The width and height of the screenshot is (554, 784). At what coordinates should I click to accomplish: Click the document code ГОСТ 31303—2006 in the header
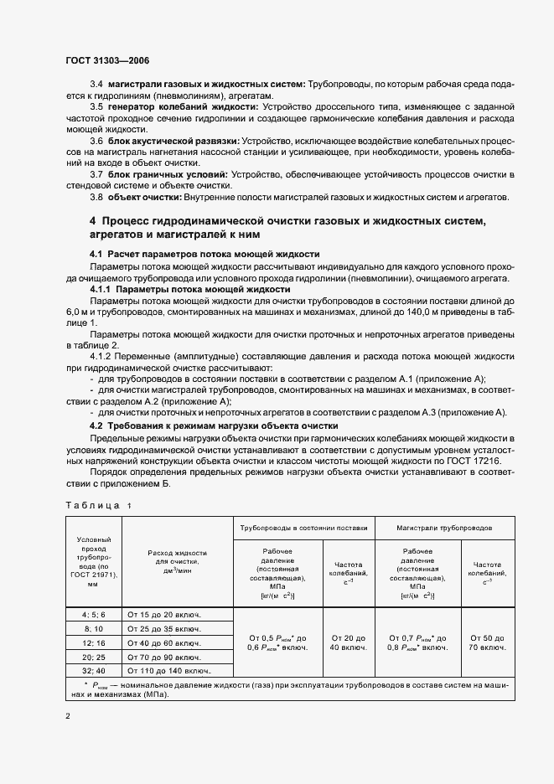coord(106,60)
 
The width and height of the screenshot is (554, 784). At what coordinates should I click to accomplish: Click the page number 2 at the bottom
coord(69,716)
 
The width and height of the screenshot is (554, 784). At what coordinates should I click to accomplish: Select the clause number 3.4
coord(96,85)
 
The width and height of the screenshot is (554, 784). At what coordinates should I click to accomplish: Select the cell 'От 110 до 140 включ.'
coord(168,671)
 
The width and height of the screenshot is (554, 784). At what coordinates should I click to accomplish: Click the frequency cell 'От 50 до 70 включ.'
coord(487,642)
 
